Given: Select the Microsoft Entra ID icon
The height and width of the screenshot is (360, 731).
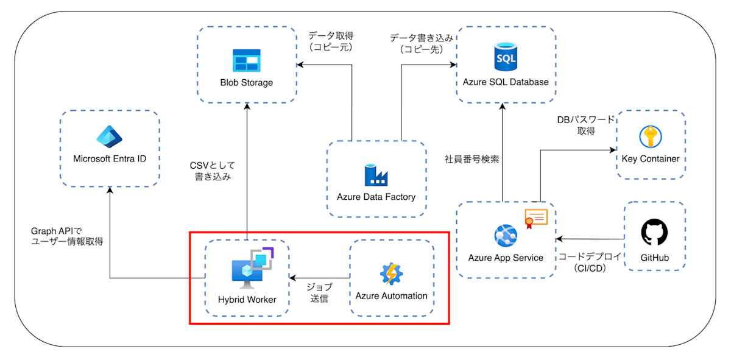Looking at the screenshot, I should (110, 138).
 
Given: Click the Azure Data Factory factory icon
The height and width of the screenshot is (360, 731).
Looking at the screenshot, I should (376, 174).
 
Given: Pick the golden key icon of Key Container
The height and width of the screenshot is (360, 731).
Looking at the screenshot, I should (650, 138).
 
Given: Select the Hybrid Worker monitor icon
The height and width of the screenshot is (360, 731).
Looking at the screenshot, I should (250, 269).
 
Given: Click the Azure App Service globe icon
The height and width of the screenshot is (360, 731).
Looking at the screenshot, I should (505, 235).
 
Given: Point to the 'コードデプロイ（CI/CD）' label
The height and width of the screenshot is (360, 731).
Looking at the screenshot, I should (590, 262).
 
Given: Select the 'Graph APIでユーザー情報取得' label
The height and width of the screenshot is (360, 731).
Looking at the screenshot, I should (67, 236).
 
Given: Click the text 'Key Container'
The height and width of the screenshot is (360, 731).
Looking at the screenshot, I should (651, 160).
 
